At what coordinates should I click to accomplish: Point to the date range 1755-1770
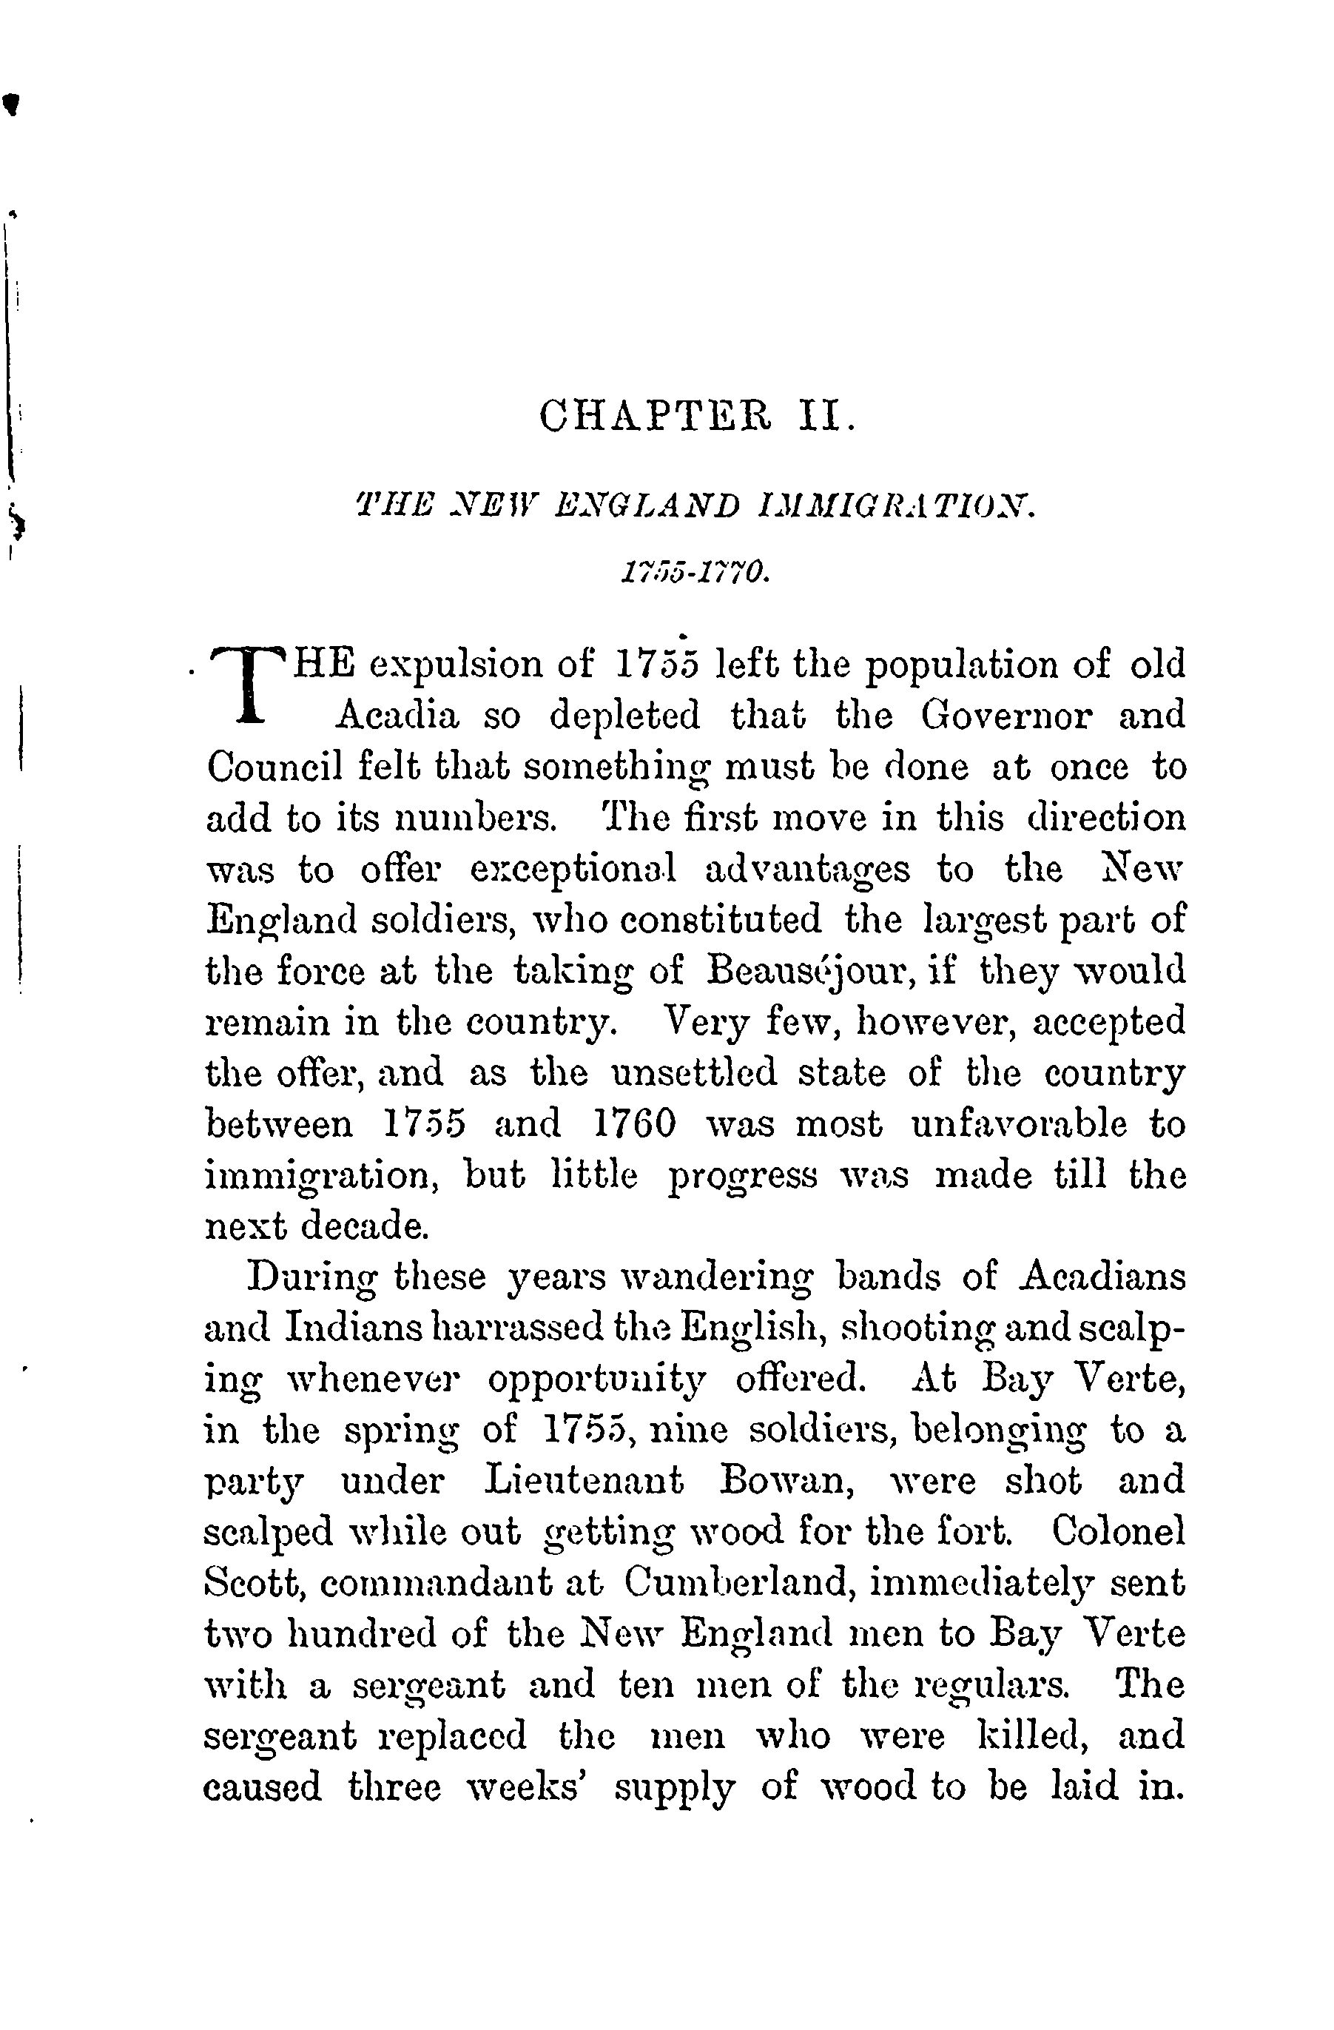(696, 572)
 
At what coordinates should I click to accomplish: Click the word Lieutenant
(584, 1482)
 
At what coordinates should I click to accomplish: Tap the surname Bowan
(788, 1482)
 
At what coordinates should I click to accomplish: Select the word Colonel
(1118, 1533)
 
